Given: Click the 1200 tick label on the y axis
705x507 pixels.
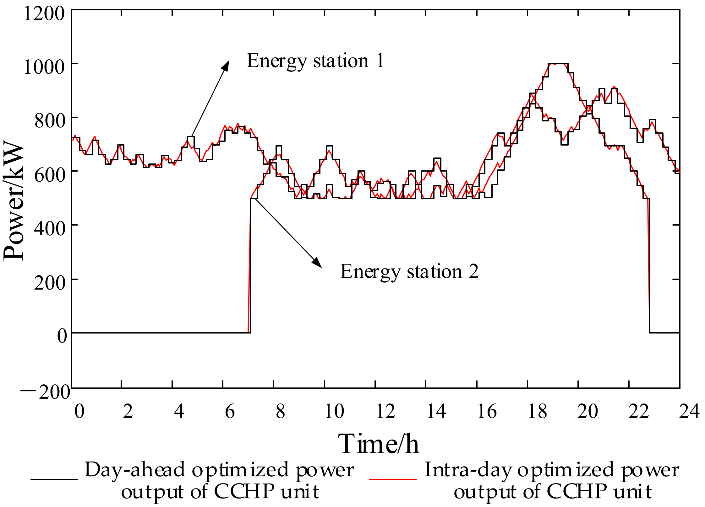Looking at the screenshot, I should pyautogui.click(x=44, y=14).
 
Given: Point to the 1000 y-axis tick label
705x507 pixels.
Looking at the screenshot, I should pyautogui.click(x=44, y=67).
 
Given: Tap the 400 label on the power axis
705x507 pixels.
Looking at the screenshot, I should pyautogui.click(x=49, y=228).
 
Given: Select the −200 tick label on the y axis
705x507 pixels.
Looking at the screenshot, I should pyautogui.click(x=46, y=392).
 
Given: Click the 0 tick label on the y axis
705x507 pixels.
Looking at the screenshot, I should pyautogui.click(x=62, y=336).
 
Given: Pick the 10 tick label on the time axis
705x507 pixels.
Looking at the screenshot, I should pyautogui.click(x=334, y=411).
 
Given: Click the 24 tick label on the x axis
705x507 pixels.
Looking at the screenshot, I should pyautogui.click(x=689, y=411).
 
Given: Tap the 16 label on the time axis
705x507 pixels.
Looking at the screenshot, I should pyautogui.click(x=487, y=411).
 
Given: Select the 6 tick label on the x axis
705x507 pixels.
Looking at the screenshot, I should pyautogui.click(x=230, y=411).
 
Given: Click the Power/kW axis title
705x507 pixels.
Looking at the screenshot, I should pyautogui.click(x=14, y=201).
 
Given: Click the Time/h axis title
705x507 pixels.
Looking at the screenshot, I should pyautogui.click(x=378, y=444).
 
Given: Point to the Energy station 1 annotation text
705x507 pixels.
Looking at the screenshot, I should pyautogui.click(x=315, y=61).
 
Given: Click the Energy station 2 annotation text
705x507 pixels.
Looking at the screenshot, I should pyautogui.click(x=409, y=272).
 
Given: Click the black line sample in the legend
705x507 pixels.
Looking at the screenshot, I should pyautogui.click(x=54, y=479).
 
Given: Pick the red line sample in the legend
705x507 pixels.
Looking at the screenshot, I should pyautogui.click(x=393, y=479).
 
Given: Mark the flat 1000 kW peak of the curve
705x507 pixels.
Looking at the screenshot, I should pyautogui.click(x=558, y=64).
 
